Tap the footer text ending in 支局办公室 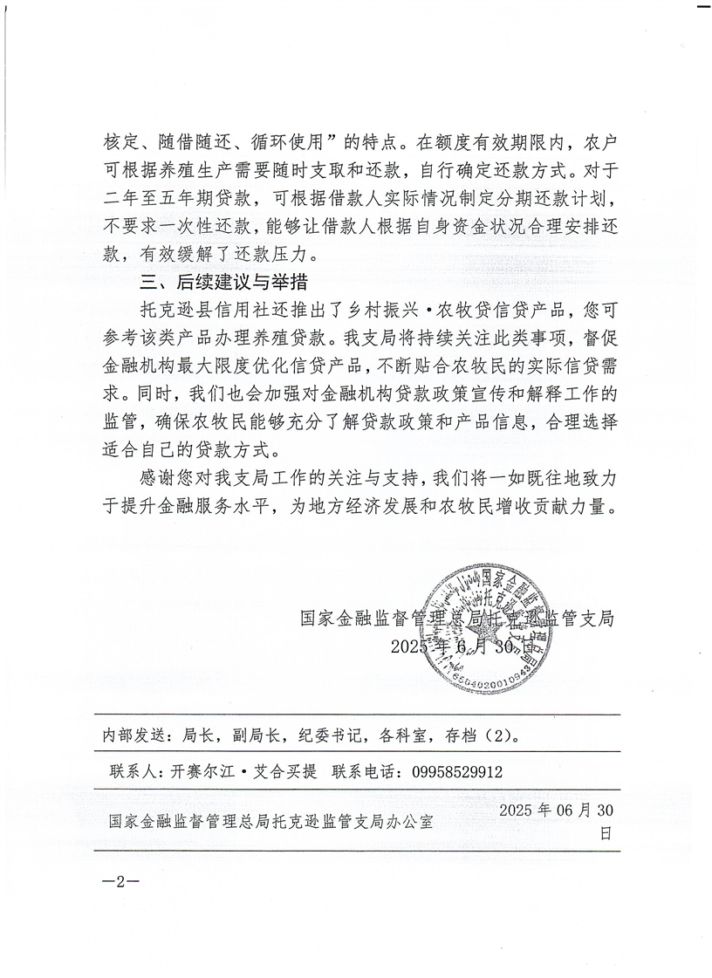(270, 821)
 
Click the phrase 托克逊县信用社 (195, 311)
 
